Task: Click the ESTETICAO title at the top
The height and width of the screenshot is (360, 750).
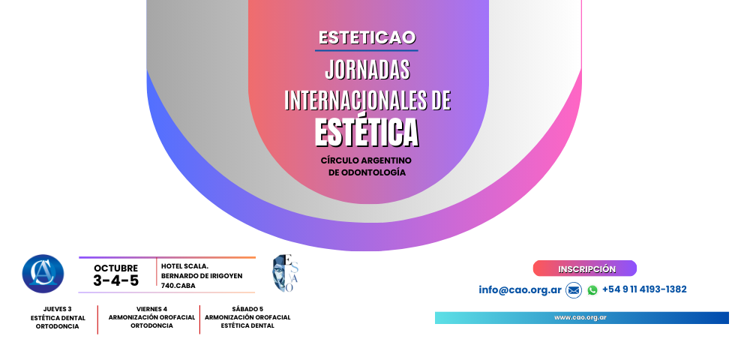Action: pyautogui.click(x=367, y=37)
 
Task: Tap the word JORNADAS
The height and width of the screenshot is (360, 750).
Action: pyautogui.click(x=367, y=70)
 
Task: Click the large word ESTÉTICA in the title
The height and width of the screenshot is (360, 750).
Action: pyautogui.click(x=367, y=132)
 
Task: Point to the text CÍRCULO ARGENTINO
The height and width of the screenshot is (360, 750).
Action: pyautogui.click(x=366, y=160)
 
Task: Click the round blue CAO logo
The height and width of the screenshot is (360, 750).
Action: pyautogui.click(x=43, y=274)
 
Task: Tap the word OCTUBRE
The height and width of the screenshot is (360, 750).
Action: pyautogui.click(x=115, y=268)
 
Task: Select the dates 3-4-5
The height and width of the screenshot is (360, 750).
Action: pyautogui.click(x=115, y=280)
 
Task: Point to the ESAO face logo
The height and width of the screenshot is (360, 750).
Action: pyautogui.click(x=285, y=274)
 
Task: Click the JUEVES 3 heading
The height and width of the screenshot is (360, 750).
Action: pyautogui.click(x=58, y=309)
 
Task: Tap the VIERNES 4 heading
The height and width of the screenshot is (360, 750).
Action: pyautogui.click(x=151, y=309)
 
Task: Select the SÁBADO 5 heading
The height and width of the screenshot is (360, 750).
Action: pyautogui.click(x=247, y=309)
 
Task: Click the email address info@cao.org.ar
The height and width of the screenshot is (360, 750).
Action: pyautogui.click(x=520, y=289)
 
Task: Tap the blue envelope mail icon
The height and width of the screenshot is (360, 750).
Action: pyautogui.click(x=574, y=290)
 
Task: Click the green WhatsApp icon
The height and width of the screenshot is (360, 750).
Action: pyautogui.click(x=592, y=290)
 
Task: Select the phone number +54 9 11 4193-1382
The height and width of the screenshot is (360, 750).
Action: pyautogui.click(x=643, y=289)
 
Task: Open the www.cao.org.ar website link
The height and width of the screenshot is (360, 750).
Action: pyautogui.click(x=580, y=317)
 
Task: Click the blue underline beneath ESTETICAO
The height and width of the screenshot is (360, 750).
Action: pyautogui.click(x=367, y=50)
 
